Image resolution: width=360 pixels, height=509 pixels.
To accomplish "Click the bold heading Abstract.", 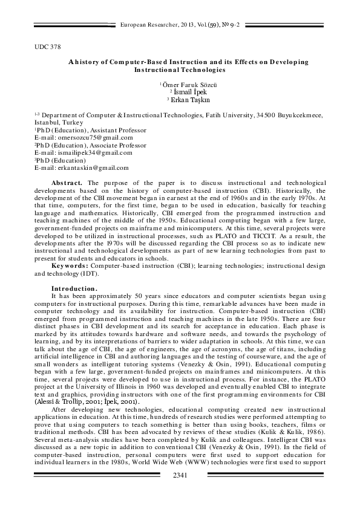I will pyautogui.click(x=67, y=182).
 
